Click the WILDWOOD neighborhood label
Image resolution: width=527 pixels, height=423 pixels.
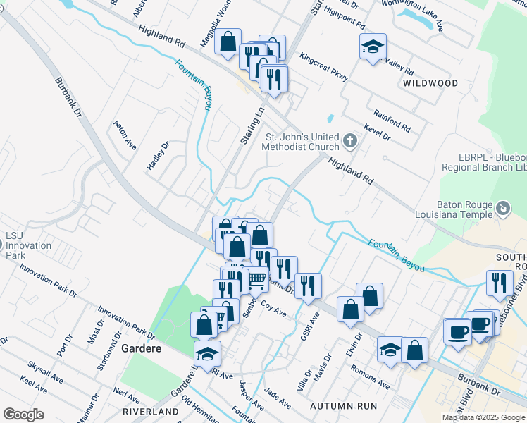(430, 83)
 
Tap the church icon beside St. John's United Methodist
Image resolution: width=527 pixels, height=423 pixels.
(349, 142)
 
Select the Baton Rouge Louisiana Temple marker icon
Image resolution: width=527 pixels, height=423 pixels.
(503, 208)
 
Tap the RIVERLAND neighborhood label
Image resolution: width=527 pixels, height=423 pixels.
(150, 411)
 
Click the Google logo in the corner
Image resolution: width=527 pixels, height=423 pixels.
(23, 415)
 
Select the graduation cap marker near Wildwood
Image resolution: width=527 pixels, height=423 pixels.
(373, 47)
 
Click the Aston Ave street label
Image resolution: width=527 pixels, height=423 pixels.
(125, 134)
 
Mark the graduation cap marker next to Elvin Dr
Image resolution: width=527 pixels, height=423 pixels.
(390, 349)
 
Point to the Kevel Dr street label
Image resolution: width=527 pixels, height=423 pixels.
(377, 132)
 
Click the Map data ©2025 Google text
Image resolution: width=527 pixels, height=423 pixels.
(483, 417)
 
